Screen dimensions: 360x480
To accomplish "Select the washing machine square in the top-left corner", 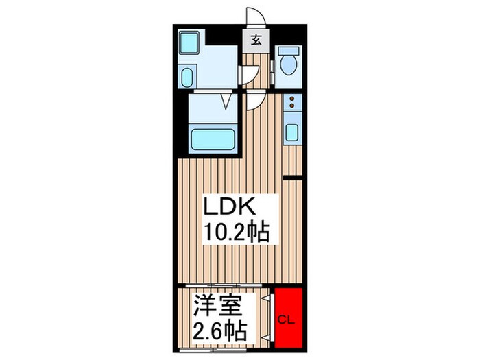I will tap(188, 43).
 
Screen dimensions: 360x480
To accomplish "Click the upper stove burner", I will tap(291, 99).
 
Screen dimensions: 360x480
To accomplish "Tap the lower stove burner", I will tap(291, 108).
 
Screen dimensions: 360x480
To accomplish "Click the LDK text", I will tap(229, 208).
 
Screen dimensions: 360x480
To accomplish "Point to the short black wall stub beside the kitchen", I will tap(293, 178).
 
